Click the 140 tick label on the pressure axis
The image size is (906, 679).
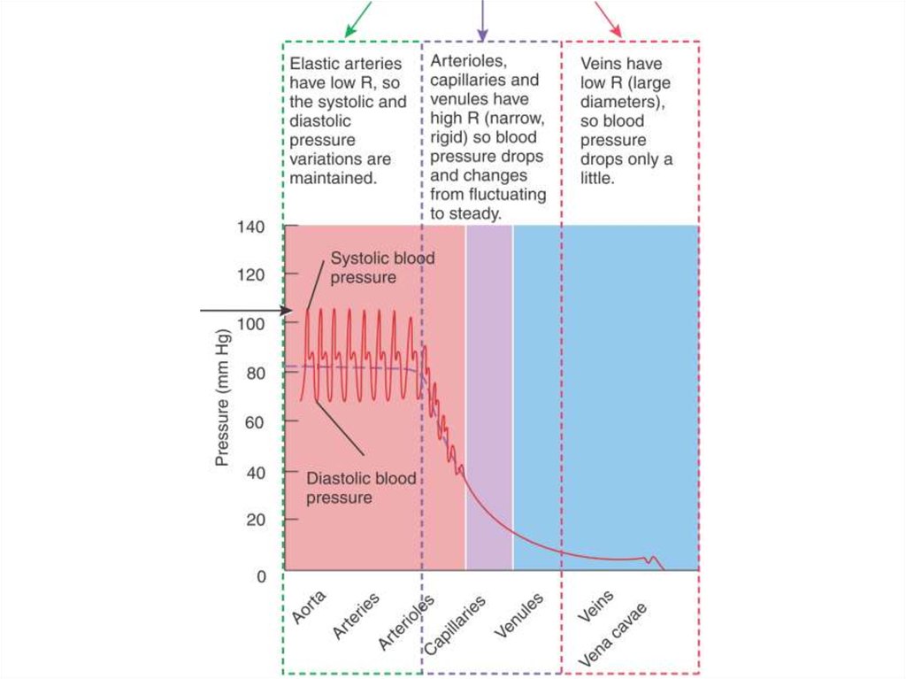click(250, 227)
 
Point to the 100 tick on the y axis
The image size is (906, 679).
click(250, 323)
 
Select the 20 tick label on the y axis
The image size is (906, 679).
click(255, 520)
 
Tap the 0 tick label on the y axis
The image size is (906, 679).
click(260, 576)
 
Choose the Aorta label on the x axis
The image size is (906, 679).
click(309, 608)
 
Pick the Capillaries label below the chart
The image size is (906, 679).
click(455, 625)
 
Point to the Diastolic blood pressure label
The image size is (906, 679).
click(361, 489)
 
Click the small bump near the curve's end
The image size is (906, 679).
click(653, 559)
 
